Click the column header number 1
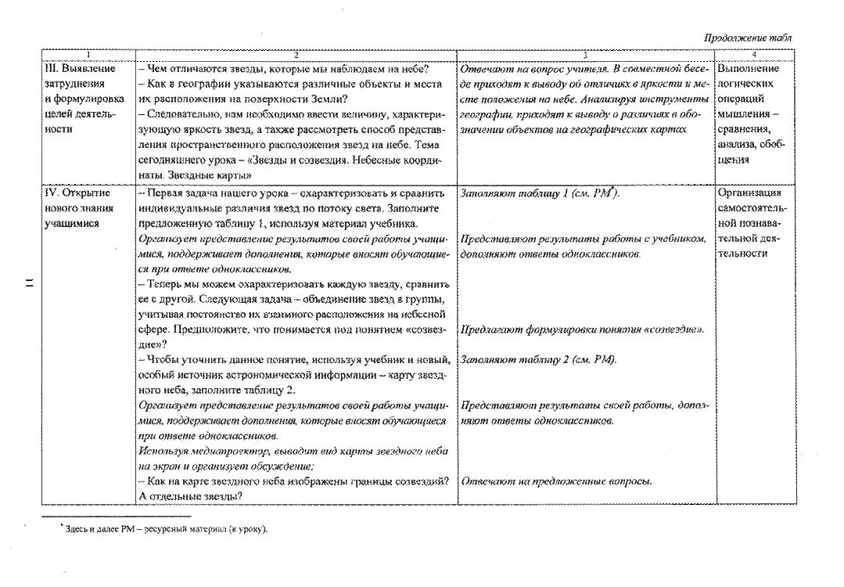(88, 55)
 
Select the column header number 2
(296, 55)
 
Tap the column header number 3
(585, 55)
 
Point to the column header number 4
(754, 55)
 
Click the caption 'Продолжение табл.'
(749, 38)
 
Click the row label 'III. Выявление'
(80, 68)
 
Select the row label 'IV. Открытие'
(77, 193)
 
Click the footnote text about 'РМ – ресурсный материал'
(165, 529)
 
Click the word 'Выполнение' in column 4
(749, 68)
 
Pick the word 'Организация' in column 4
(749, 193)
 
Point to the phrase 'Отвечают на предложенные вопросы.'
(557, 481)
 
